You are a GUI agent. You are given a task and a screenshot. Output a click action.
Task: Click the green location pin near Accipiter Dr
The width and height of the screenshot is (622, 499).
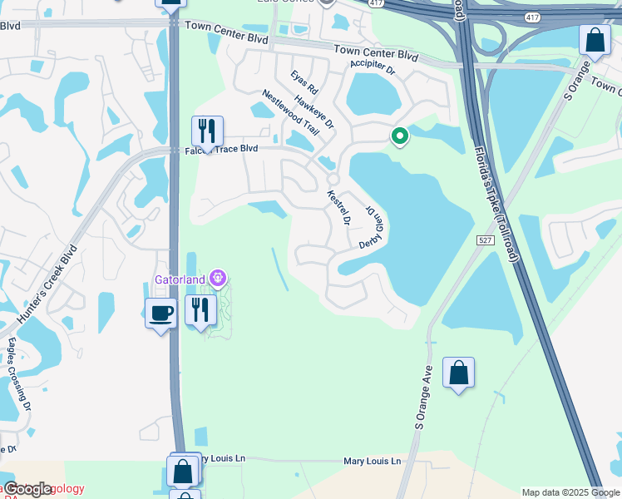pyautogui.click(x=399, y=136)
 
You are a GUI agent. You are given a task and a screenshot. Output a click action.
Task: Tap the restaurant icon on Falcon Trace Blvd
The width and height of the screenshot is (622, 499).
pyautogui.click(x=207, y=131)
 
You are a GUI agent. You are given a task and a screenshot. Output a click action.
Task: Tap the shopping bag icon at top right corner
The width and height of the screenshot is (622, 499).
pyautogui.click(x=595, y=39)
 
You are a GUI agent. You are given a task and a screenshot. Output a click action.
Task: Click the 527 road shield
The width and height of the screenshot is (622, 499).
pyautogui.click(x=486, y=240)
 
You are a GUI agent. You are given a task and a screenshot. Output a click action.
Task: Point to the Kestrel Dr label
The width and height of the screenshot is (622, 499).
pyautogui.click(x=339, y=207)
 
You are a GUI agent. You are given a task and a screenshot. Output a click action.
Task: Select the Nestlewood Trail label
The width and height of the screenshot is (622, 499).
pyautogui.click(x=290, y=113)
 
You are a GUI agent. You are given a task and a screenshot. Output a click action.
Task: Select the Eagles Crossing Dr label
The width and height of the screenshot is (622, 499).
pyautogui.click(x=18, y=373)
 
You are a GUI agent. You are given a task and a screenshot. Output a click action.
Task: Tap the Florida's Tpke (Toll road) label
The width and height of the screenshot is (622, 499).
pyautogui.click(x=496, y=205)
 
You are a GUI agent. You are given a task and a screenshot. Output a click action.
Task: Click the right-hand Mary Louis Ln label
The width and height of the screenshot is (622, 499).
pyautogui.click(x=372, y=461)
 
